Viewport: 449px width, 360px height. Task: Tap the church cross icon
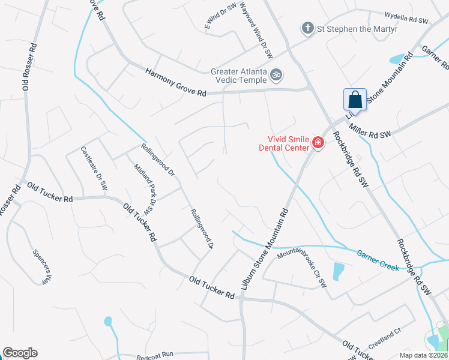[x=307, y=28]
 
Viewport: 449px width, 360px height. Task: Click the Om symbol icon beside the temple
[x=276, y=75]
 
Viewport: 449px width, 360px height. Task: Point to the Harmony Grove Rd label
[x=176, y=82]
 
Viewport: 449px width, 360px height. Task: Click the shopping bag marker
[x=355, y=100]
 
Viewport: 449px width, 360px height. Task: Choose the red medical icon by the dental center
[x=317, y=143]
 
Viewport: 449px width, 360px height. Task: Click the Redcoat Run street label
[x=154, y=355]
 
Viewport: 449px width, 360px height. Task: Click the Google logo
[x=20, y=353]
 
